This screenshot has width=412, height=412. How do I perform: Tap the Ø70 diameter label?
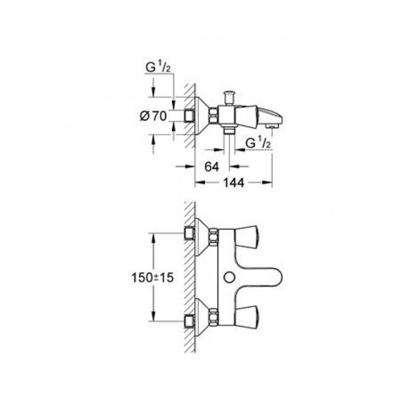(x=153, y=117)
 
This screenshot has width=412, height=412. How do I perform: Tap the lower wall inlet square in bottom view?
(x=188, y=319)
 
